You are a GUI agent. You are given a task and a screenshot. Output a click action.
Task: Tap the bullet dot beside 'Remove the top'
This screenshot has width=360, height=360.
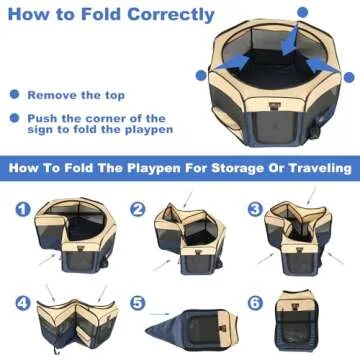click(x=14, y=95)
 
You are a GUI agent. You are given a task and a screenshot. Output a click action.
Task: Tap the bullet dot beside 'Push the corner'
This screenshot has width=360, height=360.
click(x=14, y=118)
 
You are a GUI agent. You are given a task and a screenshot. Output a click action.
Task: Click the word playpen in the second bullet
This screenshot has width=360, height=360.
click(x=146, y=130)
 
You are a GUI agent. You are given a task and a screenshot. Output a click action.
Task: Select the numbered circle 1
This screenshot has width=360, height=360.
click(x=20, y=211)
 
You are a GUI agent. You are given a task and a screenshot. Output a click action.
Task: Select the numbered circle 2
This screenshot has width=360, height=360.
click(x=138, y=211)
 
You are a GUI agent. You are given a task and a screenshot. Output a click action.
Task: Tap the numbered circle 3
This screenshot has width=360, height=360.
click(x=255, y=211)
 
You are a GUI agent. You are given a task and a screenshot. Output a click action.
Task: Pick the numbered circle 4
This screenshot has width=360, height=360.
click(x=20, y=301)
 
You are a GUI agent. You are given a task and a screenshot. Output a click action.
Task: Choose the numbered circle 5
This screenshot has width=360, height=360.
click(x=138, y=301)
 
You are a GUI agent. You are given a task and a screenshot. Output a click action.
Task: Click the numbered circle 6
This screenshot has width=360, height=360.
click(x=255, y=301)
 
